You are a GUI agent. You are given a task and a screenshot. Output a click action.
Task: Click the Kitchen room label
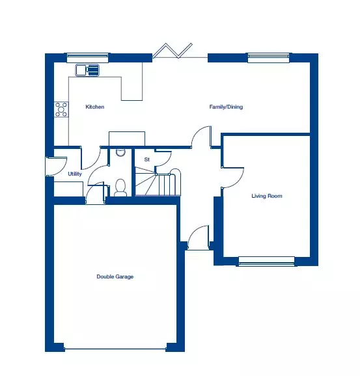[x=95, y=107]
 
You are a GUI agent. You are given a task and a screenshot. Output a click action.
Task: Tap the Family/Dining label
[x=226, y=107]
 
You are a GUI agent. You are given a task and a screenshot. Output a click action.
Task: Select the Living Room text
[x=267, y=196]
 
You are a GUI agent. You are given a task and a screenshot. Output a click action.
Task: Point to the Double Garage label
[x=115, y=276]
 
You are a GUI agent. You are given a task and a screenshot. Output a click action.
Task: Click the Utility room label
[x=75, y=174]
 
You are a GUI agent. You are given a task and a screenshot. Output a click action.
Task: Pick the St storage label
[x=147, y=159]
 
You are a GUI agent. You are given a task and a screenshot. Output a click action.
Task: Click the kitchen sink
[x=88, y=70]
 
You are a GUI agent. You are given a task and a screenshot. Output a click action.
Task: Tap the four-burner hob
[x=61, y=109]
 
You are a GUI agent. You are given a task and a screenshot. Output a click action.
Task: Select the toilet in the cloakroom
[x=120, y=188]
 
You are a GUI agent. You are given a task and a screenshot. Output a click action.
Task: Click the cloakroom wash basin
[x=120, y=152]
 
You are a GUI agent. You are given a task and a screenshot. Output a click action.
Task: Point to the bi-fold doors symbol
[x=173, y=51]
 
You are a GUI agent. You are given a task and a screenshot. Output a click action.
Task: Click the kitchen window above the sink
[x=87, y=58]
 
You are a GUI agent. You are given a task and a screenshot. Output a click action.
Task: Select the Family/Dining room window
[x=269, y=58]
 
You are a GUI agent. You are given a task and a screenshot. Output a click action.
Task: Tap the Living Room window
[x=267, y=262]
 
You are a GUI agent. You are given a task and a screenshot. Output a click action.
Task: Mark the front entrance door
[x=198, y=237]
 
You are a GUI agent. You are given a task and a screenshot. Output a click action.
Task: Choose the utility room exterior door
[x=57, y=167]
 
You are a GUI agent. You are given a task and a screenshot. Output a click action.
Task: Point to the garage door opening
[x=115, y=349]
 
